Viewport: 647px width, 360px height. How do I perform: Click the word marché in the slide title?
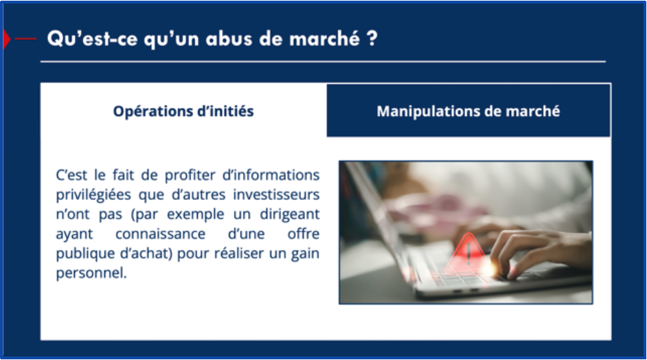324,38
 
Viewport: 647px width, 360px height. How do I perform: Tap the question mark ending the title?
372,38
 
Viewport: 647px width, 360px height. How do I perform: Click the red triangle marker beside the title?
6,39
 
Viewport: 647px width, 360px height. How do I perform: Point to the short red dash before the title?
25,39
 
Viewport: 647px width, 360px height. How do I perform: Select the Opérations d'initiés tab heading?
183,111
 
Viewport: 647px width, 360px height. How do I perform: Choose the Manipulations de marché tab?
468,110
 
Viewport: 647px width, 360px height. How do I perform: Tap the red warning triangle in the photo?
468,253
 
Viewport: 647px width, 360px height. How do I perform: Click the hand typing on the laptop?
541,252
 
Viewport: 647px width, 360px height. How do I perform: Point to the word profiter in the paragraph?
190,175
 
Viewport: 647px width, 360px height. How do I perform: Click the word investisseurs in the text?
276,194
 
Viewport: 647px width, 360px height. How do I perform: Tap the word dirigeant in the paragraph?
290,214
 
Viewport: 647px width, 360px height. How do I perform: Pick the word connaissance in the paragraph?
160,234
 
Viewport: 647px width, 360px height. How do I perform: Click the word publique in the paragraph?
85,254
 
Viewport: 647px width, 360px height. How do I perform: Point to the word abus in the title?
229,38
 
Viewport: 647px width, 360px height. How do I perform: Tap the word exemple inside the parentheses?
196,214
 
